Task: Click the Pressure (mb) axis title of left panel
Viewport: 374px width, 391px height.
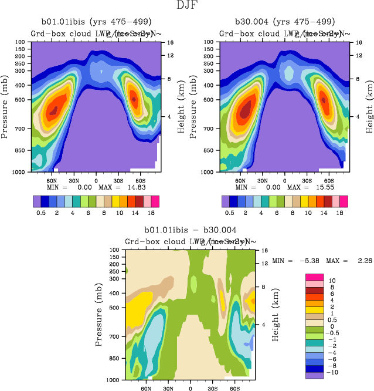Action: coord(5,107)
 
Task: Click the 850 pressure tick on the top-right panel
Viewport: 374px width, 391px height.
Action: coord(212,151)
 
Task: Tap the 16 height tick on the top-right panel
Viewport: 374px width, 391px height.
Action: coord(353,43)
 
